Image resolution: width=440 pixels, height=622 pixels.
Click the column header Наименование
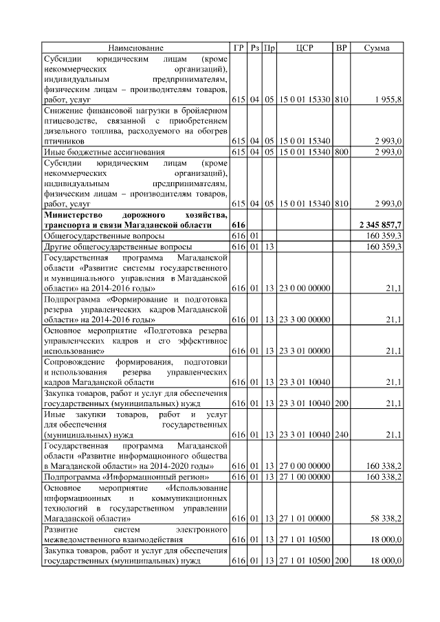pos(135,47)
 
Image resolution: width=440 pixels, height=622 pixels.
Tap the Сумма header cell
pos(377,47)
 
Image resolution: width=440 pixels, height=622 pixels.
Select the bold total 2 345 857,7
pos(381,225)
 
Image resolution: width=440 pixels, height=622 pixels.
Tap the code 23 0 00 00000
pos(305,287)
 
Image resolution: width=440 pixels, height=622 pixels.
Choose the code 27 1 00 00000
pos(305,476)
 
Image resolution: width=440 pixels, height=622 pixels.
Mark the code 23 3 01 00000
pos(305,351)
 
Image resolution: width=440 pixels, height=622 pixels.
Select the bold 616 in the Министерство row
pos(239,225)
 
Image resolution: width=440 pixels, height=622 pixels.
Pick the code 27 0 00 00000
pos(305,466)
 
